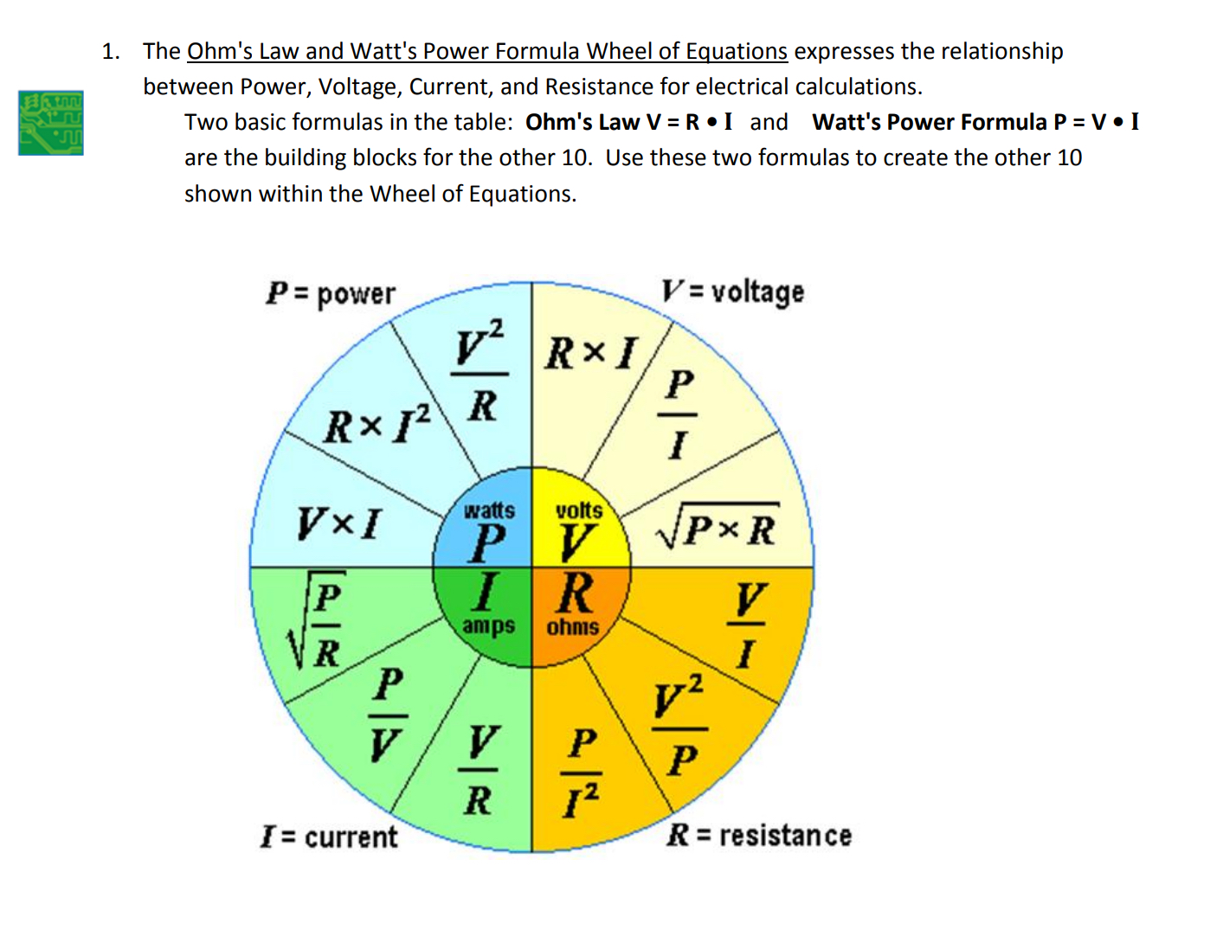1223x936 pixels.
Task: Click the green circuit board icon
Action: (x=51, y=123)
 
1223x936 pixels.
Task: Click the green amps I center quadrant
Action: (x=486, y=611)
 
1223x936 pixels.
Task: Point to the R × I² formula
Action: (x=377, y=424)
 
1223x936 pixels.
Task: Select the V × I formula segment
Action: (x=339, y=523)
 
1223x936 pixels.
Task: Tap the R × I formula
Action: (x=591, y=353)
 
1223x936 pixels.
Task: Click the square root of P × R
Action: (x=718, y=525)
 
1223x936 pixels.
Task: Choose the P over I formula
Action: (x=679, y=414)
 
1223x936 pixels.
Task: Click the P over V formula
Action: (x=388, y=715)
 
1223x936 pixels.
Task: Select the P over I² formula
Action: (x=582, y=773)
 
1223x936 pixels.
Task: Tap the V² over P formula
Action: (x=680, y=725)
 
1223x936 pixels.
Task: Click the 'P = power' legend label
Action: (x=331, y=294)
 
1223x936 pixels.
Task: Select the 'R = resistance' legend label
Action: (x=759, y=835)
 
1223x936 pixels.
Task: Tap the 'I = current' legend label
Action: (x=329, y=836)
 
